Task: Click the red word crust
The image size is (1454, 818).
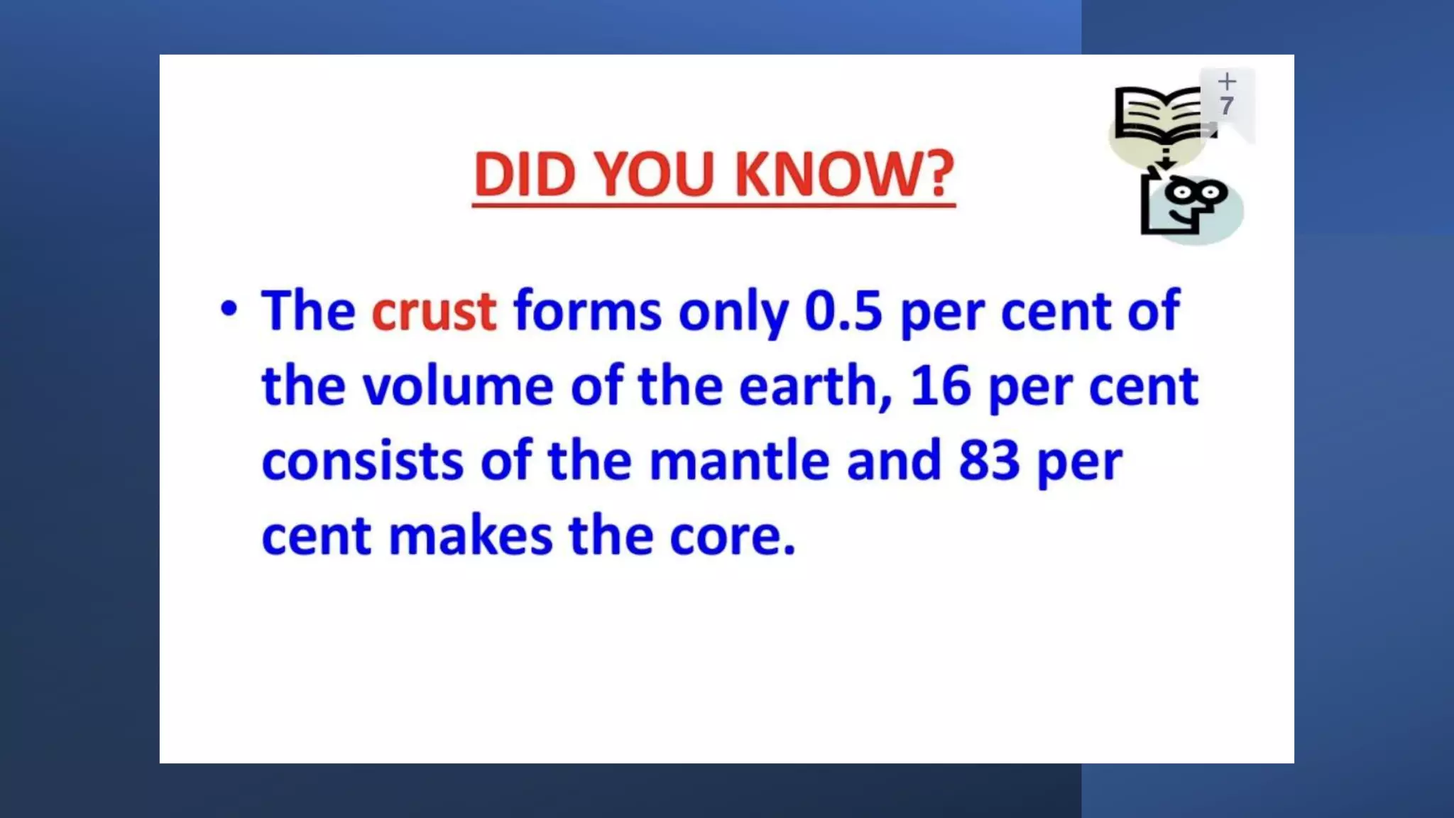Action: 434,311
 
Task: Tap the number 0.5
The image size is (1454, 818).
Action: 843,311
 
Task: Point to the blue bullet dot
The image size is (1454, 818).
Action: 229,308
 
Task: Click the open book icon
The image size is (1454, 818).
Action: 1159,114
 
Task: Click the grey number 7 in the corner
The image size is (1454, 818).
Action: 1227,106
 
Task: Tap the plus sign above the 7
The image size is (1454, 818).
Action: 1227,81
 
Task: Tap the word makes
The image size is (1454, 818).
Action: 470,535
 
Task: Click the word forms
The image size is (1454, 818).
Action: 587,311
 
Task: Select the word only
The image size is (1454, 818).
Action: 733,312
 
